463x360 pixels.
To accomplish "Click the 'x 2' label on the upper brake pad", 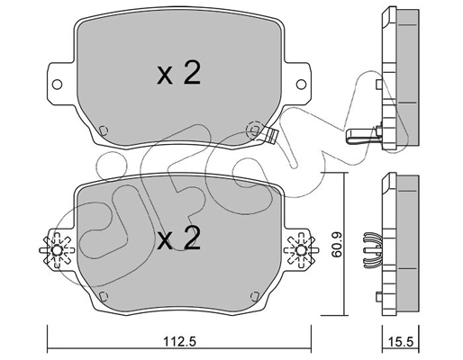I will (177, 75).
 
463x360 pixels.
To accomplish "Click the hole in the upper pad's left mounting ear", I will (59, 86).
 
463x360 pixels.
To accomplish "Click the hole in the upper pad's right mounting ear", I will (297, 86).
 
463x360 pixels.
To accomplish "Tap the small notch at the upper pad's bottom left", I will (103, 127).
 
